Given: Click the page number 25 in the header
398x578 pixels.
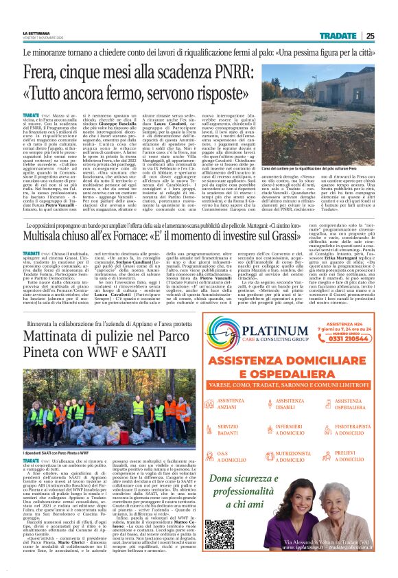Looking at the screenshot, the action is (388, 36).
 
